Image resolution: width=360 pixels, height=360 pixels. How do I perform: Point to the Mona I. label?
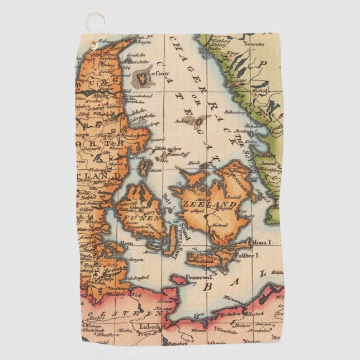click(263, 243)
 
